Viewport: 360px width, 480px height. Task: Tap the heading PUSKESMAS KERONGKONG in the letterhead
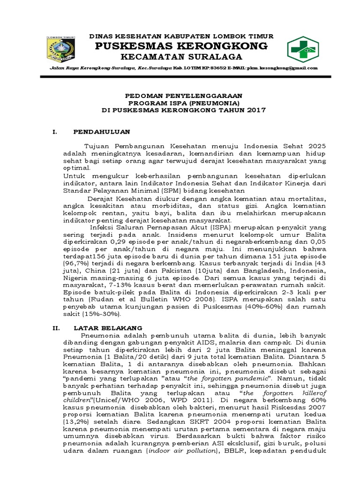tap(182, 46)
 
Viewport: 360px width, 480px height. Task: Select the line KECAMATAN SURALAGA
tap(182, 57)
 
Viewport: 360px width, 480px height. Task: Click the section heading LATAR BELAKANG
tap(107, 328)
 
